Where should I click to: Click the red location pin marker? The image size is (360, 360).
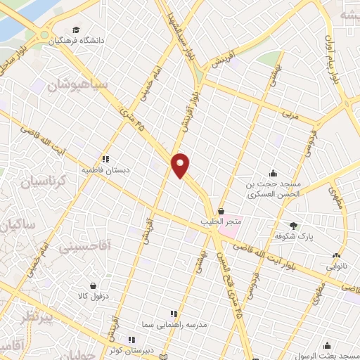[x=181, y=165]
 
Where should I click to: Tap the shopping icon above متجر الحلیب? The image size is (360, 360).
[x=221, y=210]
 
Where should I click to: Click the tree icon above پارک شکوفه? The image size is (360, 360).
[x=293, y=226]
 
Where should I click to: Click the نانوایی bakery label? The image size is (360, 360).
[x=335, y=267]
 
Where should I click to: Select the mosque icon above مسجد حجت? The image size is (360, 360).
[x=274, y=174]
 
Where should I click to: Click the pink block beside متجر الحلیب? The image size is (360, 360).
[x=229, y=229]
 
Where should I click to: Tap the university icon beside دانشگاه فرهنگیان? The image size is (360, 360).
[x=76, y=30]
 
